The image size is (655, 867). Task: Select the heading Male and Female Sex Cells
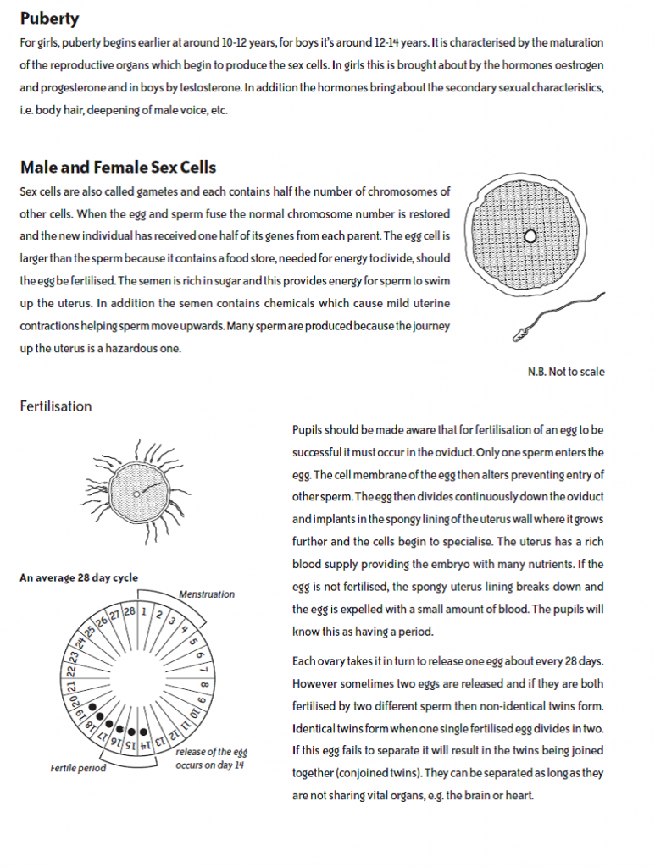118,167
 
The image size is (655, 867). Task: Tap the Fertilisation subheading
55,406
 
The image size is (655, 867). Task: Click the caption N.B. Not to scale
566,372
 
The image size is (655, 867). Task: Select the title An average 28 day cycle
79,578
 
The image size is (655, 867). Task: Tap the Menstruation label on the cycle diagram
207,594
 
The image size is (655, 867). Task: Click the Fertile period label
78,769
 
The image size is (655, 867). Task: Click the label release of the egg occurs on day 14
211,759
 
